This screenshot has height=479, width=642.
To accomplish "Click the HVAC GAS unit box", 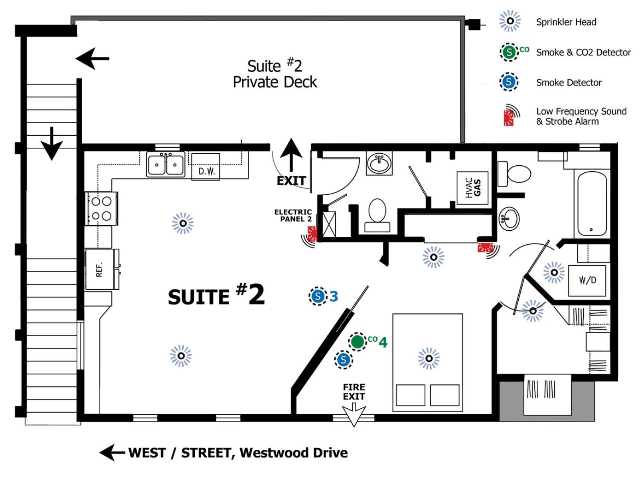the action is click(472, 188).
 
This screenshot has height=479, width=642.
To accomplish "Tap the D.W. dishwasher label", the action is click(207, 172).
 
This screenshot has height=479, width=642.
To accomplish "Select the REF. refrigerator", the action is click(102, 269).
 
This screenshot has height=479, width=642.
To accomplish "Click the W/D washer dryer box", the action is click(587, 281).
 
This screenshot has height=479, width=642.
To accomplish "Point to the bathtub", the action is click(592, 203).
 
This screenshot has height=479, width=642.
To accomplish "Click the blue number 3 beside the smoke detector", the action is click(334, 297).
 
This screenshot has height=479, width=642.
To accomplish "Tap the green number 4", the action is click(383, 342).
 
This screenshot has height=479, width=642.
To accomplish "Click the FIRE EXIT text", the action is click(354, 392).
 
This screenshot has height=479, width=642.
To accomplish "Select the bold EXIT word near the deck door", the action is click(291, 181).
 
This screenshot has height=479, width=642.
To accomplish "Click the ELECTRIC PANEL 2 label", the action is click(293, 216).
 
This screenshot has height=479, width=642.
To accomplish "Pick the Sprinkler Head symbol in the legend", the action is click(510, 21).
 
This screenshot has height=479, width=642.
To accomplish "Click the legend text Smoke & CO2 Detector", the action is click(583, 52).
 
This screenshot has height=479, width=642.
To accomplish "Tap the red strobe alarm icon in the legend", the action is click(509, 116).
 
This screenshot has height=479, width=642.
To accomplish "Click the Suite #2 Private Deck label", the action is click(275, 74).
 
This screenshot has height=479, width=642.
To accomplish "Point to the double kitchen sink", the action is click(166, 164).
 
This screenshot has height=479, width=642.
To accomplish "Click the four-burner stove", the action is click(101, 208).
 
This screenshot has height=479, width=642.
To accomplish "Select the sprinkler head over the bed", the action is click(429, 358).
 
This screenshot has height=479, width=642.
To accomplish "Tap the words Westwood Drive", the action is click(294, 453).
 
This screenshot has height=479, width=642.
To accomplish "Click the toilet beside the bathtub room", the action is click(514, 174).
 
